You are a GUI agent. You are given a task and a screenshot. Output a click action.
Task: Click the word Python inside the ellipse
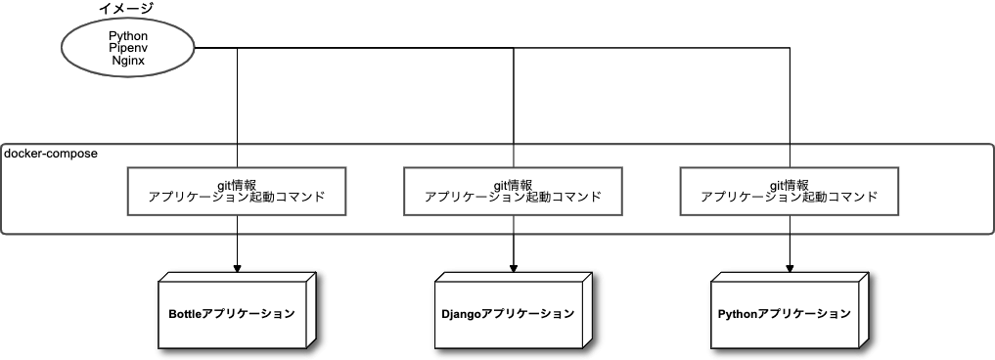click(x=128, y=35)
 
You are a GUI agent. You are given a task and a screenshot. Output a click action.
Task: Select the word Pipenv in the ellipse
click(x=128, y=47)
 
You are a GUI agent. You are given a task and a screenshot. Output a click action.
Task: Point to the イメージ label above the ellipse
click(x=126, y=9)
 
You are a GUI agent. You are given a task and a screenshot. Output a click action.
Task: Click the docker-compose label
click(x=51, y=154)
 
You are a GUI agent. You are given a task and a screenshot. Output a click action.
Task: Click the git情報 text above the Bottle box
click(x=236, y=184)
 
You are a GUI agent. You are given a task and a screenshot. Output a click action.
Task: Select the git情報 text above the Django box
click(x=513, y=184)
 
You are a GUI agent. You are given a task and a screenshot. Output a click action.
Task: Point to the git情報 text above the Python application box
click(x=790, y=184)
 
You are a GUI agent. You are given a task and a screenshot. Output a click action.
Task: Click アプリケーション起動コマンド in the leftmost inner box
click(x=236, y=197)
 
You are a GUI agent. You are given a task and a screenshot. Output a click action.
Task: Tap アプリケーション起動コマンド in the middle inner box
click(x=513, y=197)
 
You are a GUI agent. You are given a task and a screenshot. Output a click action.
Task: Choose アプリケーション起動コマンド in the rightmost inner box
click(x=790, y=197)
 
